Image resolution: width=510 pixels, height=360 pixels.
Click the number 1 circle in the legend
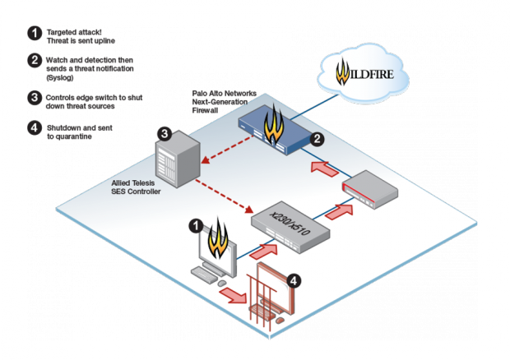pos(35,33)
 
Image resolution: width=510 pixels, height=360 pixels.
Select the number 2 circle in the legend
pos(35,61)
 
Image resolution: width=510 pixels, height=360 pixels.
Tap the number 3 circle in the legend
pos(35,98)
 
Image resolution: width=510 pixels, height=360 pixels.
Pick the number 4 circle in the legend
pos(35,127)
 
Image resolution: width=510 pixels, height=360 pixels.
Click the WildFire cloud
pos(363,72)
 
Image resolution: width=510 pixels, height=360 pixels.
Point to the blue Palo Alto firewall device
pos(275,130)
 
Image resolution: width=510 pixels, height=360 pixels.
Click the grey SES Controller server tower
pos(178,159)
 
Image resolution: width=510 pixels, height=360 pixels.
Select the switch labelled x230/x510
pos(290,227)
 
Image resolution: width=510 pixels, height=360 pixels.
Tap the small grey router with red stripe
pos(370,189)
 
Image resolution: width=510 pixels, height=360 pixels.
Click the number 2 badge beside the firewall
pos(317,139)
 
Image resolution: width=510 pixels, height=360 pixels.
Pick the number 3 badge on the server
pos(165,133)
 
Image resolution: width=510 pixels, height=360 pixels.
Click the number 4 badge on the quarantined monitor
pos(294,280)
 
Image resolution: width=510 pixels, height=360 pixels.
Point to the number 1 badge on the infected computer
pos(196,226)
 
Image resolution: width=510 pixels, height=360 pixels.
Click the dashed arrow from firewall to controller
pos(227,150)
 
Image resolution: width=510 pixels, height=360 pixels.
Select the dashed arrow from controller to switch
pos(224,196)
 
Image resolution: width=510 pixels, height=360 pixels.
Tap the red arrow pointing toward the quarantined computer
pos(234,295)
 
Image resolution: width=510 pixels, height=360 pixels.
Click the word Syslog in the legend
pos(60,77)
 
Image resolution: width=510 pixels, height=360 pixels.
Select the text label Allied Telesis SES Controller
pos(136,187)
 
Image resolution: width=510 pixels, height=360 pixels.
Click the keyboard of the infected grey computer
pos(204,275)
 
